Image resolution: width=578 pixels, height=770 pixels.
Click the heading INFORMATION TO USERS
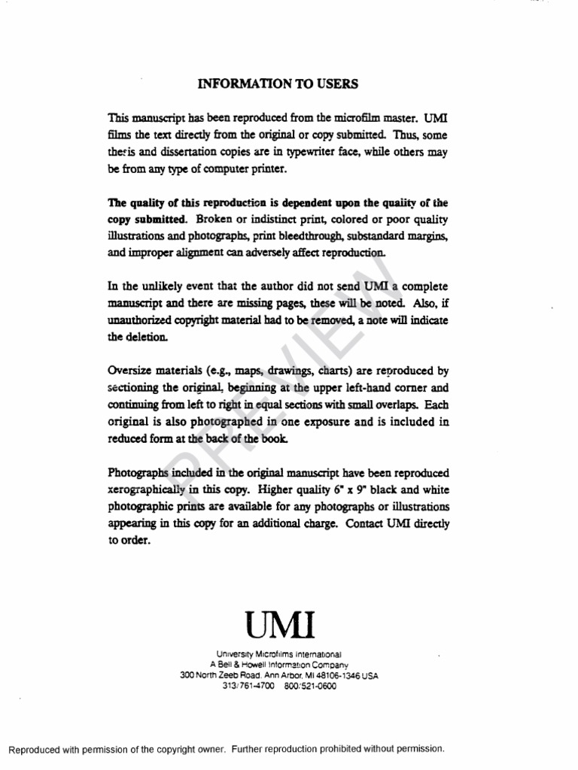(x=278, y=83)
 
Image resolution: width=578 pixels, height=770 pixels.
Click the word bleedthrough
(x=304, y=236)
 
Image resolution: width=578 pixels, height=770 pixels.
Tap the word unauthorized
(x=136, y=320)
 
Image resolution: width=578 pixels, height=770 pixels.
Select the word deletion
(x=146, y=337)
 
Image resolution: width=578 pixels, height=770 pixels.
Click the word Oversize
(x=132, y=371)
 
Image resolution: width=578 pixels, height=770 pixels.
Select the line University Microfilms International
(x=279, y=654)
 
